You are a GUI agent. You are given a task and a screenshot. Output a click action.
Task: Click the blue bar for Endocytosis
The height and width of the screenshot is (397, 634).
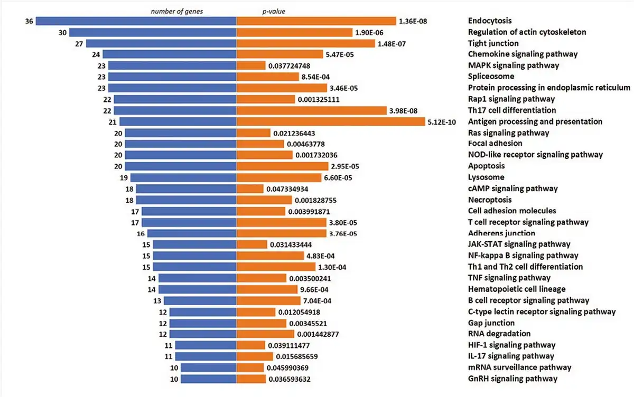(x=136, y=21)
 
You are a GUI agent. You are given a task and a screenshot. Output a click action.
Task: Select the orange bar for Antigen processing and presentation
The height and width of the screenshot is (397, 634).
(x=331, y=121)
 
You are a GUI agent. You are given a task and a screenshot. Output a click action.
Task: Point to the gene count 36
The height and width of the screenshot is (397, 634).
(x=29, y=21)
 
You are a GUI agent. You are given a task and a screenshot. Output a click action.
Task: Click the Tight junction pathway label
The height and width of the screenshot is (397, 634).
(x=493, y=43)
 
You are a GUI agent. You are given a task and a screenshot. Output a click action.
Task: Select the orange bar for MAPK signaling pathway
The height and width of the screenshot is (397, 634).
(x=251, y=65)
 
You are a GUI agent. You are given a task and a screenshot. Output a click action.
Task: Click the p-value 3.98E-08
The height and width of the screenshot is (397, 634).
(x=407, y=110)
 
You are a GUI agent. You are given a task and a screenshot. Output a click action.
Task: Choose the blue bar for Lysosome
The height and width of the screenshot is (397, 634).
(x=183, y=177)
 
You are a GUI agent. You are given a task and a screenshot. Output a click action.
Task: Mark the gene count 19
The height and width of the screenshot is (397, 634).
(x=124, y=177)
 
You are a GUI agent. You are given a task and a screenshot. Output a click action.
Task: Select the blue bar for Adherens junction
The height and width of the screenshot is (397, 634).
(x=192, y=233)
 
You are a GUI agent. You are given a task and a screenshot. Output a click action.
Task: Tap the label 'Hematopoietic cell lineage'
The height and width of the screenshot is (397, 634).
(x=517, y=289)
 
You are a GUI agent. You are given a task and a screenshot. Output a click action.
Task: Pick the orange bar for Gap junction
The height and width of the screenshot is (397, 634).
(x=261, y=323)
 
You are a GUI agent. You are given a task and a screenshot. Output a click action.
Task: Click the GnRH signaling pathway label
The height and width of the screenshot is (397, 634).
(x=512, y=379)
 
